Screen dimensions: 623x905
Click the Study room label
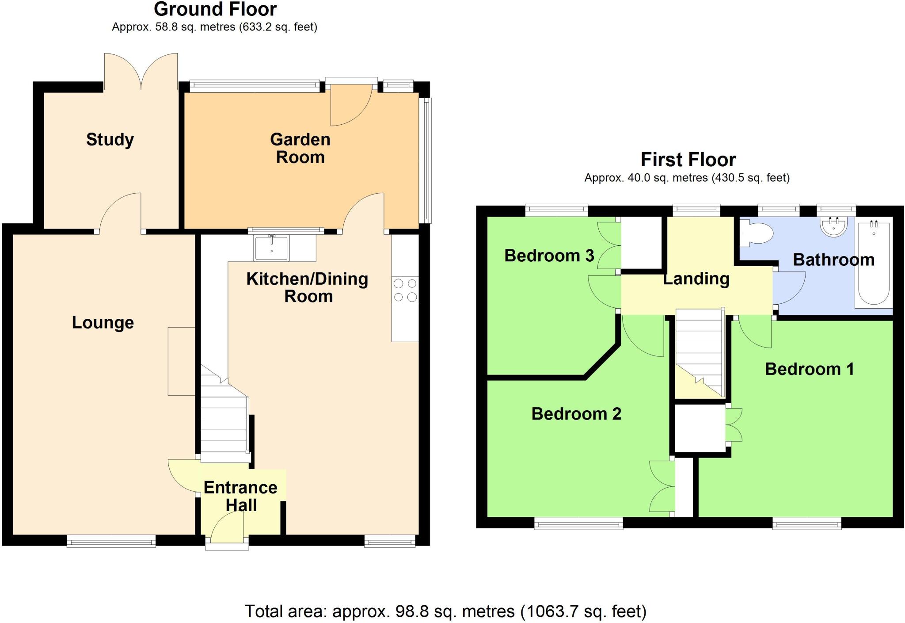click(x=110, y=140)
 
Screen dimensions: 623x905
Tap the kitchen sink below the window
click(x=271, y=248)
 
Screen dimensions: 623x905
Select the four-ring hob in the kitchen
click(x=405, y=290)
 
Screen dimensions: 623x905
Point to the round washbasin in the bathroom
click(x=833, y=226)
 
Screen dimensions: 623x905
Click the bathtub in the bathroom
click(x=873, y=264)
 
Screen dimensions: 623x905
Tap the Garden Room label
click(x=300, y=148)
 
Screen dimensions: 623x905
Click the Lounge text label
click(x=103, y=322)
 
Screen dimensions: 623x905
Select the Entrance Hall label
click(x=240, y=496)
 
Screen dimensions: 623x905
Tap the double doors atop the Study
click(x=141, y=71)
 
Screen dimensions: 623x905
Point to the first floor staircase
click(x=699, y=349)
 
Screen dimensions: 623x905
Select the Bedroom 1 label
click(x=809, y=369)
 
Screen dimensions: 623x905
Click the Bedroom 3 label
click(x=549, y=256)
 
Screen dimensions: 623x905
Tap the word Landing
click(x=696, y=279)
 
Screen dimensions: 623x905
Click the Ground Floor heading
click(x=215, y=9)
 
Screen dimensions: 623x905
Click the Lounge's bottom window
click(x=111, y=541)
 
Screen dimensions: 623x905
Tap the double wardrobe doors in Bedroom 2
click(x=662, y=486)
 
